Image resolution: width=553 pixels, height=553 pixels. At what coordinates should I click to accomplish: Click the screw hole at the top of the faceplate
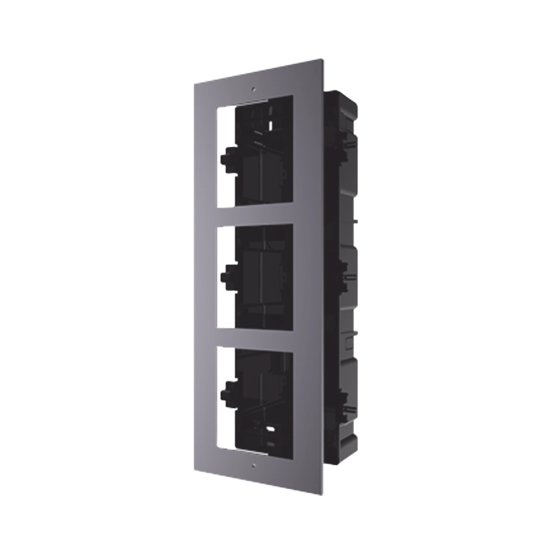pyautogui.click(x=253, y=89)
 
